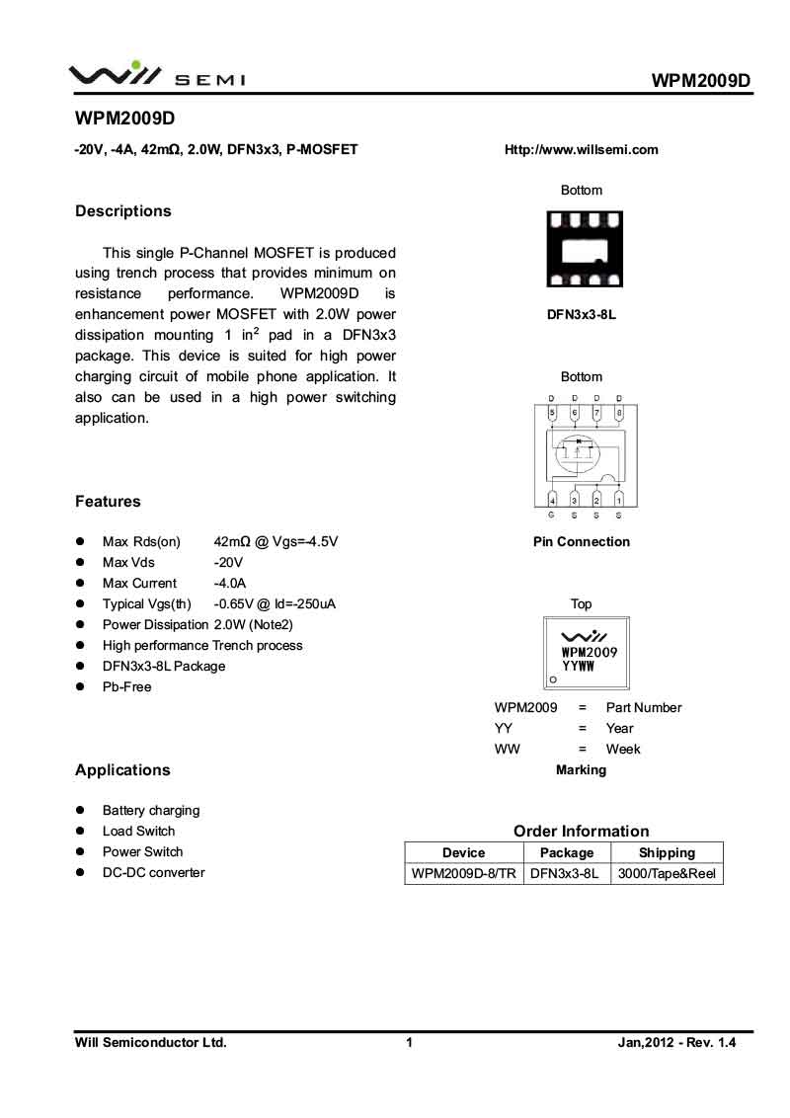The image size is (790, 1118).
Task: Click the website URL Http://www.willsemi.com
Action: pyautogui.click(x=581, y=150)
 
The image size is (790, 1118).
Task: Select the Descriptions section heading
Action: pyautogui.click(x=123, y=211)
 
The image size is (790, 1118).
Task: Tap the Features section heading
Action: pyautogui.click(x=108, y=502)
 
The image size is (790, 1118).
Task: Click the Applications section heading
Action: pyautogui.click(x=122, y=770)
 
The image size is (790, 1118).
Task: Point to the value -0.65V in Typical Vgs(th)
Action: pyautogui.click(x=234, y=603)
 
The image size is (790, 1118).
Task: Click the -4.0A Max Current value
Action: pyautogui.click(x=230, y=583)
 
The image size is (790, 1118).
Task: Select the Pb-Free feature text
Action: pyautogui.click(x=127, y=686)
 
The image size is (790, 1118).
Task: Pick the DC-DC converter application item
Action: pyautogui.click(x=154, y=872)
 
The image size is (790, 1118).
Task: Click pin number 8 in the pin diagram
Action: pyautogui.click(x=619, y=412)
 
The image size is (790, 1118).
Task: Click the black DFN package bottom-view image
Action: pyautogui.click(x=585, y=249)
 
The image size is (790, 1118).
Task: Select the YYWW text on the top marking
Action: pyautogui.click(x=579, y=667)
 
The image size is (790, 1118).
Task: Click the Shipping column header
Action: pyautogui.click(x=667, y=852)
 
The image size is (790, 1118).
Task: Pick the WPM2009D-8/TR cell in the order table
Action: pyautogui.click(x=464, y=874)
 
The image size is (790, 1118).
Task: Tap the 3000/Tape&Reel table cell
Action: pyautogui.click(x=667, y=874)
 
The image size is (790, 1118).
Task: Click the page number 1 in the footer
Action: pyautogui.click(x=408, y=1042)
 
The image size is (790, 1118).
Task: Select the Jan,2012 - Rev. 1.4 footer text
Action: pyautogui.click(x=677, y=1042)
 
